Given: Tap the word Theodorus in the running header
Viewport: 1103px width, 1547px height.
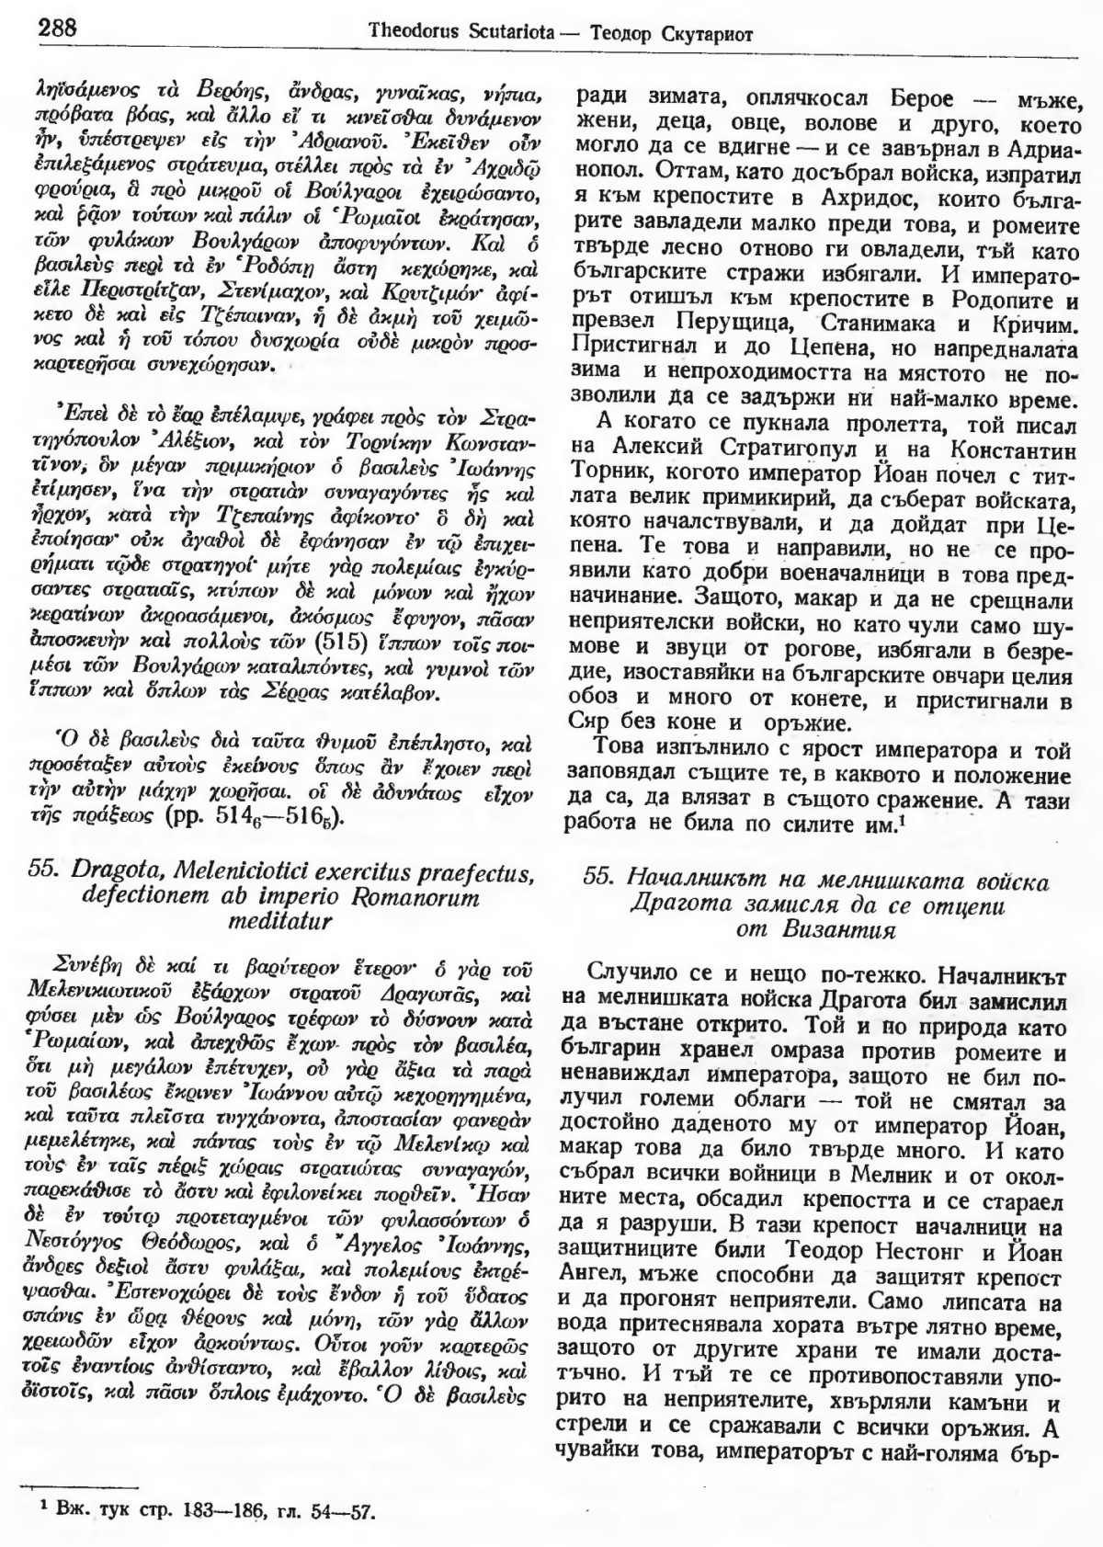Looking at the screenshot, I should pyautogui.click(x=412, y=34).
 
